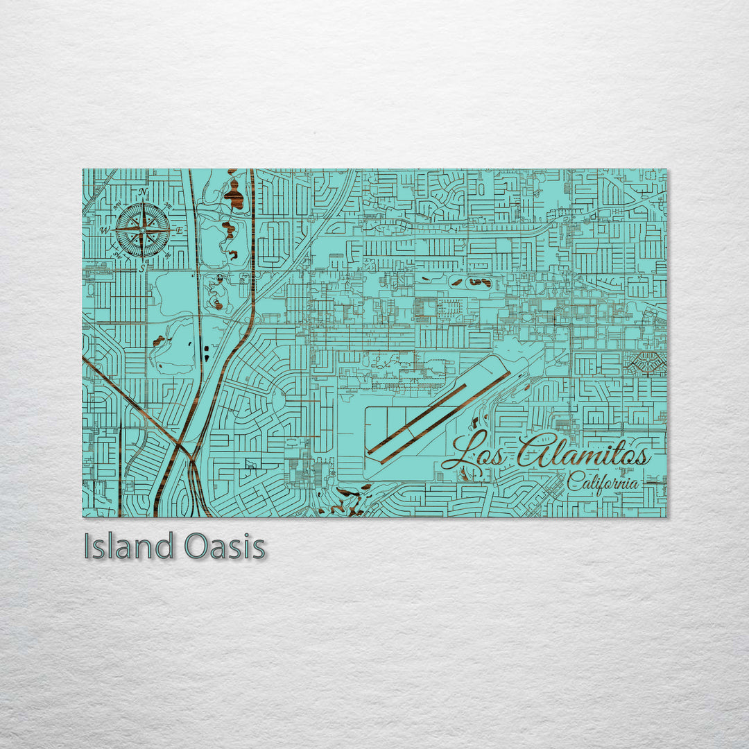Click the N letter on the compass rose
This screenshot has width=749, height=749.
pyautogui.click(x=143, y=192)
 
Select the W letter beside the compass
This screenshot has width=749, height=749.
pyautogui.click(x=106, y=230)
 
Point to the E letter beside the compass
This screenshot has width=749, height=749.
pyautogui.click(x=179, y=230)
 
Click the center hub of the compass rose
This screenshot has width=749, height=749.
pyautogui.click(x=143, y=229)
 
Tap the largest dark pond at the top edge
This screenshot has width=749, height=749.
pyautogui.click(x=234, y=196)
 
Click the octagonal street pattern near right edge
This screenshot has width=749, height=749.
pyautogui.click(x=646, y=362)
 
